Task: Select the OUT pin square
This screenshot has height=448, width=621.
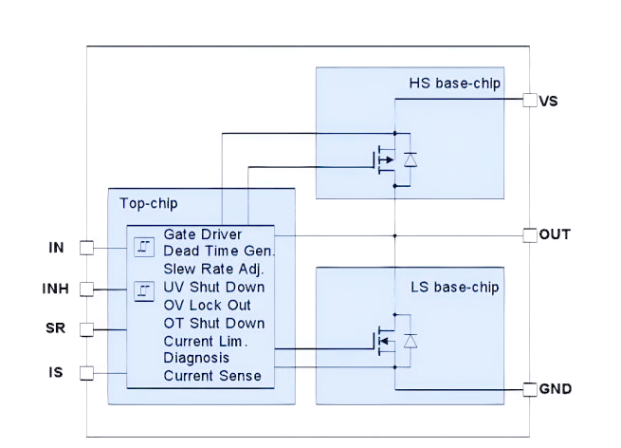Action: [x=530, y=234]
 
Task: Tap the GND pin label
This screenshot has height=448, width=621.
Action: [x=555, y=389]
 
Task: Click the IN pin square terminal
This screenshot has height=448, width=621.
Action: [x=86, y=248]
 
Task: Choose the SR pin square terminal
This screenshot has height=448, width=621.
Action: [x=86, y=329]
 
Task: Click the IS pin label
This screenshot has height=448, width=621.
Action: [x=56, y=372]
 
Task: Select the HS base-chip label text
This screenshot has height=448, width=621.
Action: [x=454, y=84]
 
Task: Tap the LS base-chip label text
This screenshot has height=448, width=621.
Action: [x=454, y=287]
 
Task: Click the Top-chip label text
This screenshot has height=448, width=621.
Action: [x=148, y=203]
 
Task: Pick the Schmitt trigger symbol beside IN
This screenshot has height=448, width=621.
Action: [x=143, y=248]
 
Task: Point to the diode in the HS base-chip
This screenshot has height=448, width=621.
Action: [x=411, y=159]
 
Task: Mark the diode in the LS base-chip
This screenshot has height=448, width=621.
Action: [x=411, y=340]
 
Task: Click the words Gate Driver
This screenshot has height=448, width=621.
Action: [x=202, y=234]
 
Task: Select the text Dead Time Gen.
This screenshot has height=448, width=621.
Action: [x=219, y=252]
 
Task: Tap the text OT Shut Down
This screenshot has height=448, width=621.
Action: [x=214, y=323]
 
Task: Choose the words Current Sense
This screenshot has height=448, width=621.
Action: [x=212, y=376]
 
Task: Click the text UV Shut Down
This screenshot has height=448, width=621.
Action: [x=214, y=288]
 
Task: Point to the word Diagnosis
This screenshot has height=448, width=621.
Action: [x=196, y=358]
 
